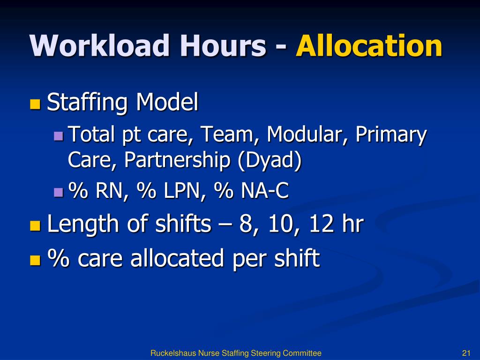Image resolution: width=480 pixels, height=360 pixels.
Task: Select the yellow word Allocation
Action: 369,46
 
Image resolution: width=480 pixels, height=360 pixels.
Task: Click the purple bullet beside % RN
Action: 59,192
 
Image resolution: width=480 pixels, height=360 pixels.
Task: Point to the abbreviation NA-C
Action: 265,191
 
